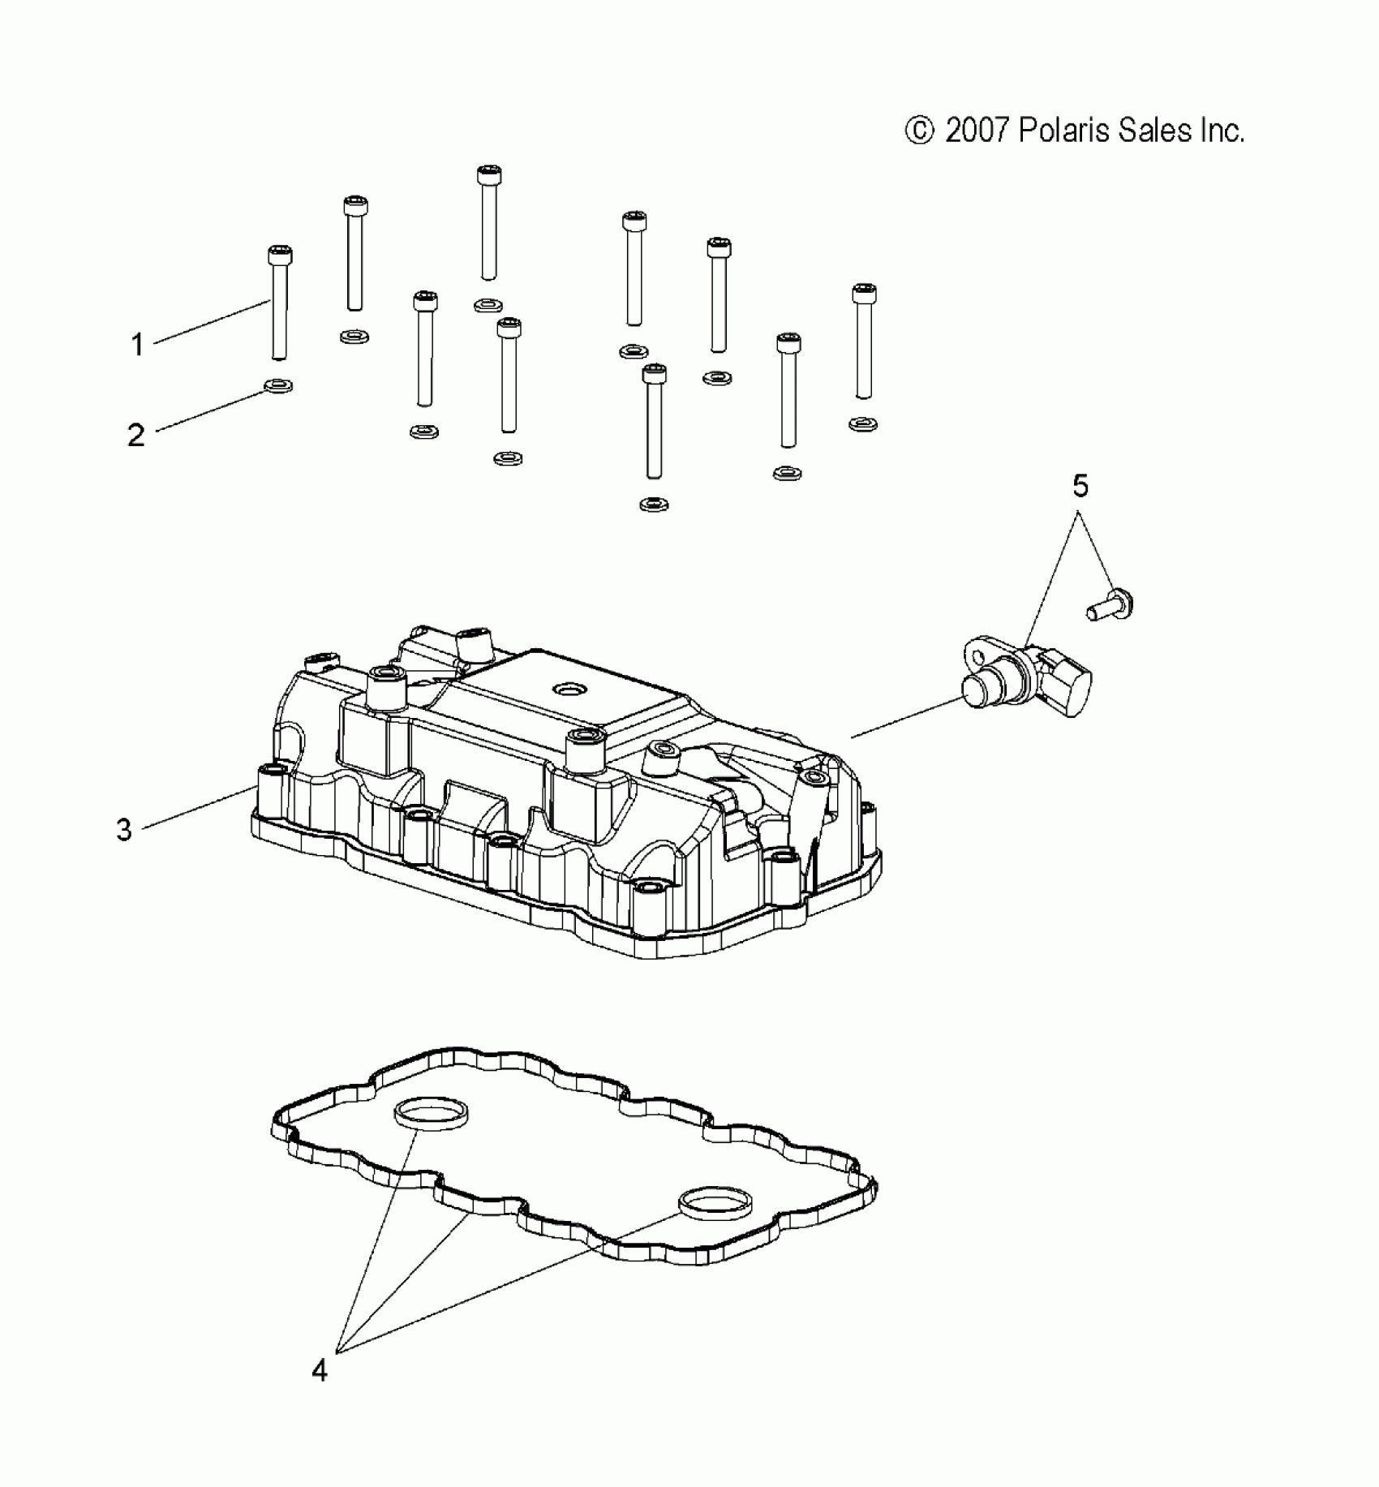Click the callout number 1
click(138, 345)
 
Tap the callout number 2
click(136, 436)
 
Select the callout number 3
click(124, 830)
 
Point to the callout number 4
click(320, 1371)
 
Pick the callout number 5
click(1080, 486)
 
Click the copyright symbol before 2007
click(919, 131)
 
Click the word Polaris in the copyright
click(1063, 130)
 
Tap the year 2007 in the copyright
click(977, 131)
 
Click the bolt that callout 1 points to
click(279, 303)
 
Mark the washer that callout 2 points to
click(278, 385)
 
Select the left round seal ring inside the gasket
click(432, 1114)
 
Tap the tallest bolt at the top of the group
click(488, 222)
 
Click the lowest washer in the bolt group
click(654, 505)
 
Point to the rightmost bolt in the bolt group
click(864, 341)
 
